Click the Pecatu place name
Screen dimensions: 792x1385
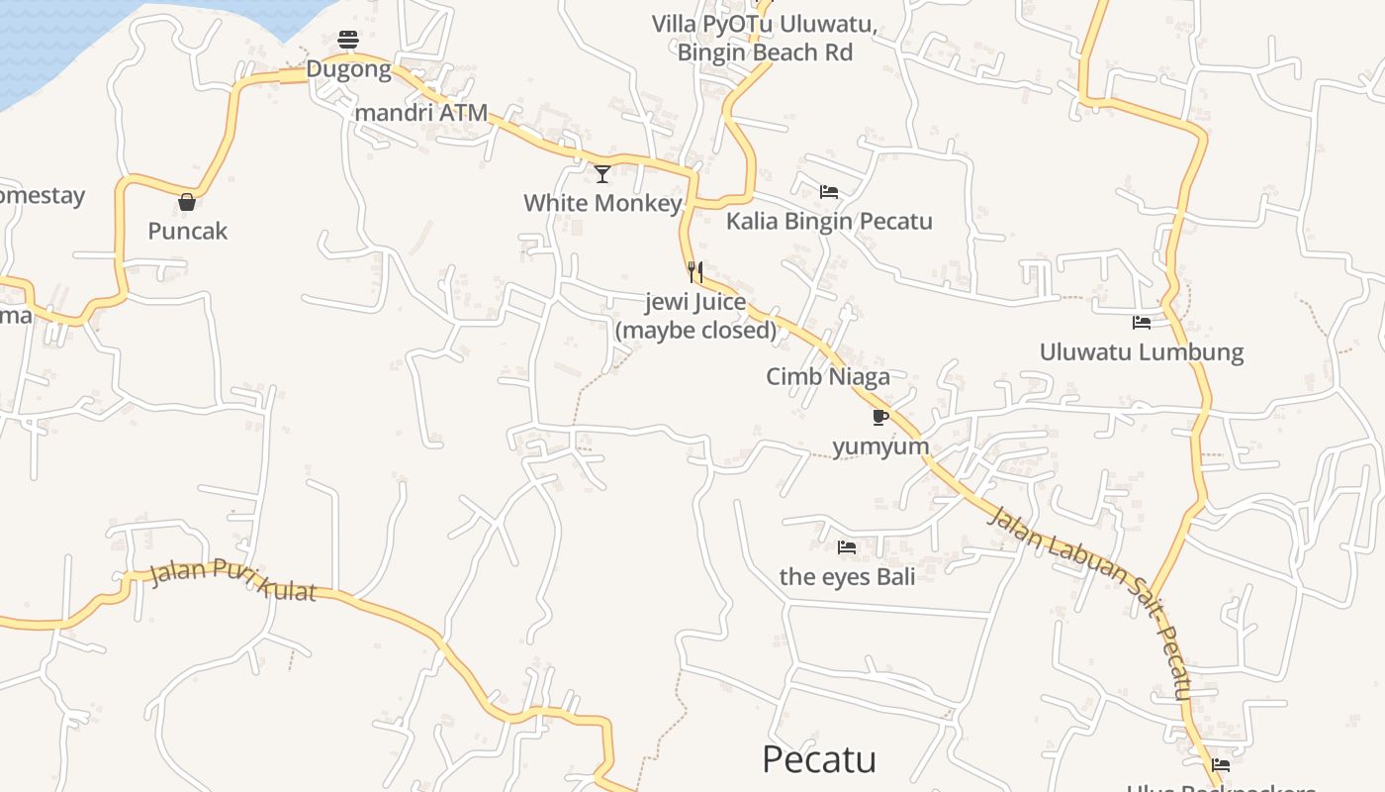[819, 759]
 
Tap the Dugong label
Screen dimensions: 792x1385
[348, 69]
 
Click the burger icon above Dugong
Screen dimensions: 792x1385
[348, 40]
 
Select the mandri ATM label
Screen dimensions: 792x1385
[421, 113]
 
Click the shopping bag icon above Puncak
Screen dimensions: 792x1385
[187, 203]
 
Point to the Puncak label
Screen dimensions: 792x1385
[188, 232]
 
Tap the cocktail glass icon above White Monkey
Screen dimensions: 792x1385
[602, 174]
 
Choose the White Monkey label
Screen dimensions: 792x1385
[602, 203]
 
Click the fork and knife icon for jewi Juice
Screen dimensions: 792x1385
[695, 272]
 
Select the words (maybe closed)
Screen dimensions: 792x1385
[696, 330]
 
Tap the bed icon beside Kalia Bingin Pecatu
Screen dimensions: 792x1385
[829, 191]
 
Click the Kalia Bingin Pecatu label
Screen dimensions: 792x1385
[829, 221]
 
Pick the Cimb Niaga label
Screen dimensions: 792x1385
[828, 376]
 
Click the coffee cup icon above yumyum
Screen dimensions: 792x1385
[880, 417]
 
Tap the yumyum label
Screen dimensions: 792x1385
[880, 446]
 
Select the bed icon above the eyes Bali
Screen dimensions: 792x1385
[847, 546]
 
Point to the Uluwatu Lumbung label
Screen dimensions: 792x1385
[1141, 352]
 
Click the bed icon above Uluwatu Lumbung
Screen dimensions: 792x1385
[1141, 323]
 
